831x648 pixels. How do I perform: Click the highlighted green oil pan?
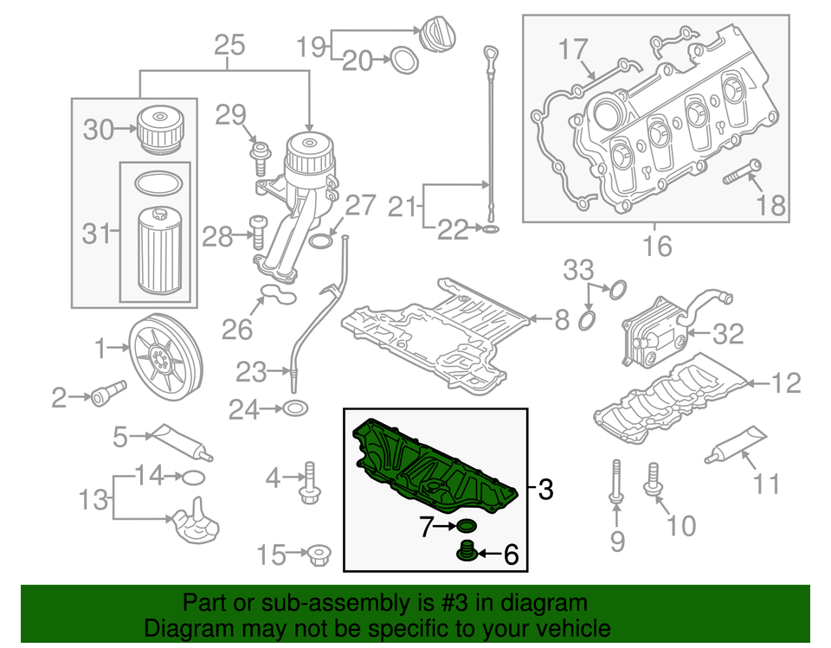[x=433, y=467]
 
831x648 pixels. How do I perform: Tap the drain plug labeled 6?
[x=466, y=551]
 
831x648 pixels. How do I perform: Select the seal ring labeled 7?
[x=466, y=526]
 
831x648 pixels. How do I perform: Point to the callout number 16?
[x=658, y=246]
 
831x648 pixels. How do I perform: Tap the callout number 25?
[x=229, y=45]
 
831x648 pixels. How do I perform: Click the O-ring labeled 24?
[x=294, y=408]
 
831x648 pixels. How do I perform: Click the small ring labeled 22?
[x=490, y=230]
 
